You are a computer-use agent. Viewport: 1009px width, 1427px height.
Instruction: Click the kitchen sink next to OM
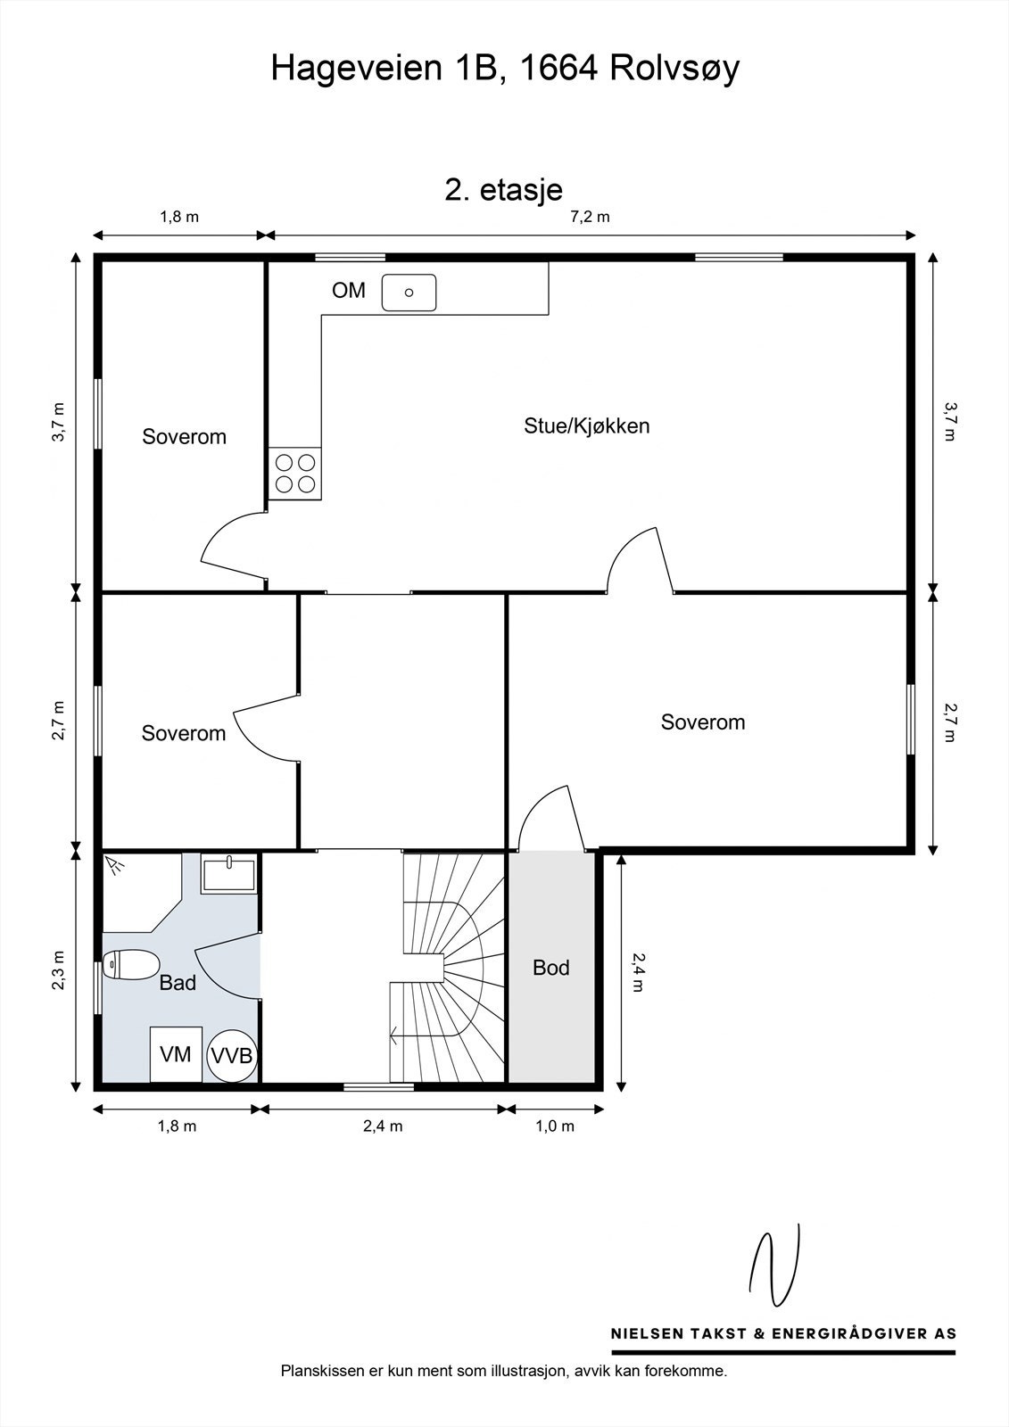click(x=409, y=293)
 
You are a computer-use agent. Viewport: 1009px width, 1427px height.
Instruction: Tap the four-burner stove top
click(x=294, y=474)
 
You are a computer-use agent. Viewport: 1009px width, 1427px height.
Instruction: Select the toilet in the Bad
click(x=131, y=964)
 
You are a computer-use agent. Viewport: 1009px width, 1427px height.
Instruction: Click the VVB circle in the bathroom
click(x=232, y=1056)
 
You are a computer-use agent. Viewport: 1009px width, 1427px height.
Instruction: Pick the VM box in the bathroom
click(x=176, y=1054)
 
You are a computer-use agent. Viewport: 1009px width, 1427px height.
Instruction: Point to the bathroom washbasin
click(x=228, y=874)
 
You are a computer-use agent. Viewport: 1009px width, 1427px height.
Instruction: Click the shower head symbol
click(x=115, y=864)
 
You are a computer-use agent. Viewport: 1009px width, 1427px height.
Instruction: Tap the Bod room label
click(x=550, y=968)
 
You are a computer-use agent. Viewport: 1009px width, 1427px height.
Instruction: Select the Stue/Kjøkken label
click(x=586, y=425)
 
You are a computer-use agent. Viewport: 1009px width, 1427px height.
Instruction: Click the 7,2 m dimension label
click(x=590, y=217)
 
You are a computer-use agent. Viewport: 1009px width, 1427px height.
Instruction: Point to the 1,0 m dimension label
click(x=555, y=1126)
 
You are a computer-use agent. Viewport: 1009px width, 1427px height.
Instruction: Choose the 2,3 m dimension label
click(x=58, y=970)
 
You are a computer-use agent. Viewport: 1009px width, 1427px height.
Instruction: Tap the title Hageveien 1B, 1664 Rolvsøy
click(x=505, y=68)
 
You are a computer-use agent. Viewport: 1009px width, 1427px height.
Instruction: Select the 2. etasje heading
click(x=503, y=190)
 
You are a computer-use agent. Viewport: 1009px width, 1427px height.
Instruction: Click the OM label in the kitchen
click(x=349, y=291)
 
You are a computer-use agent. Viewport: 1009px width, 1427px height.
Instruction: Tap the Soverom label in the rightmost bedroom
click(x=702, y=722)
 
